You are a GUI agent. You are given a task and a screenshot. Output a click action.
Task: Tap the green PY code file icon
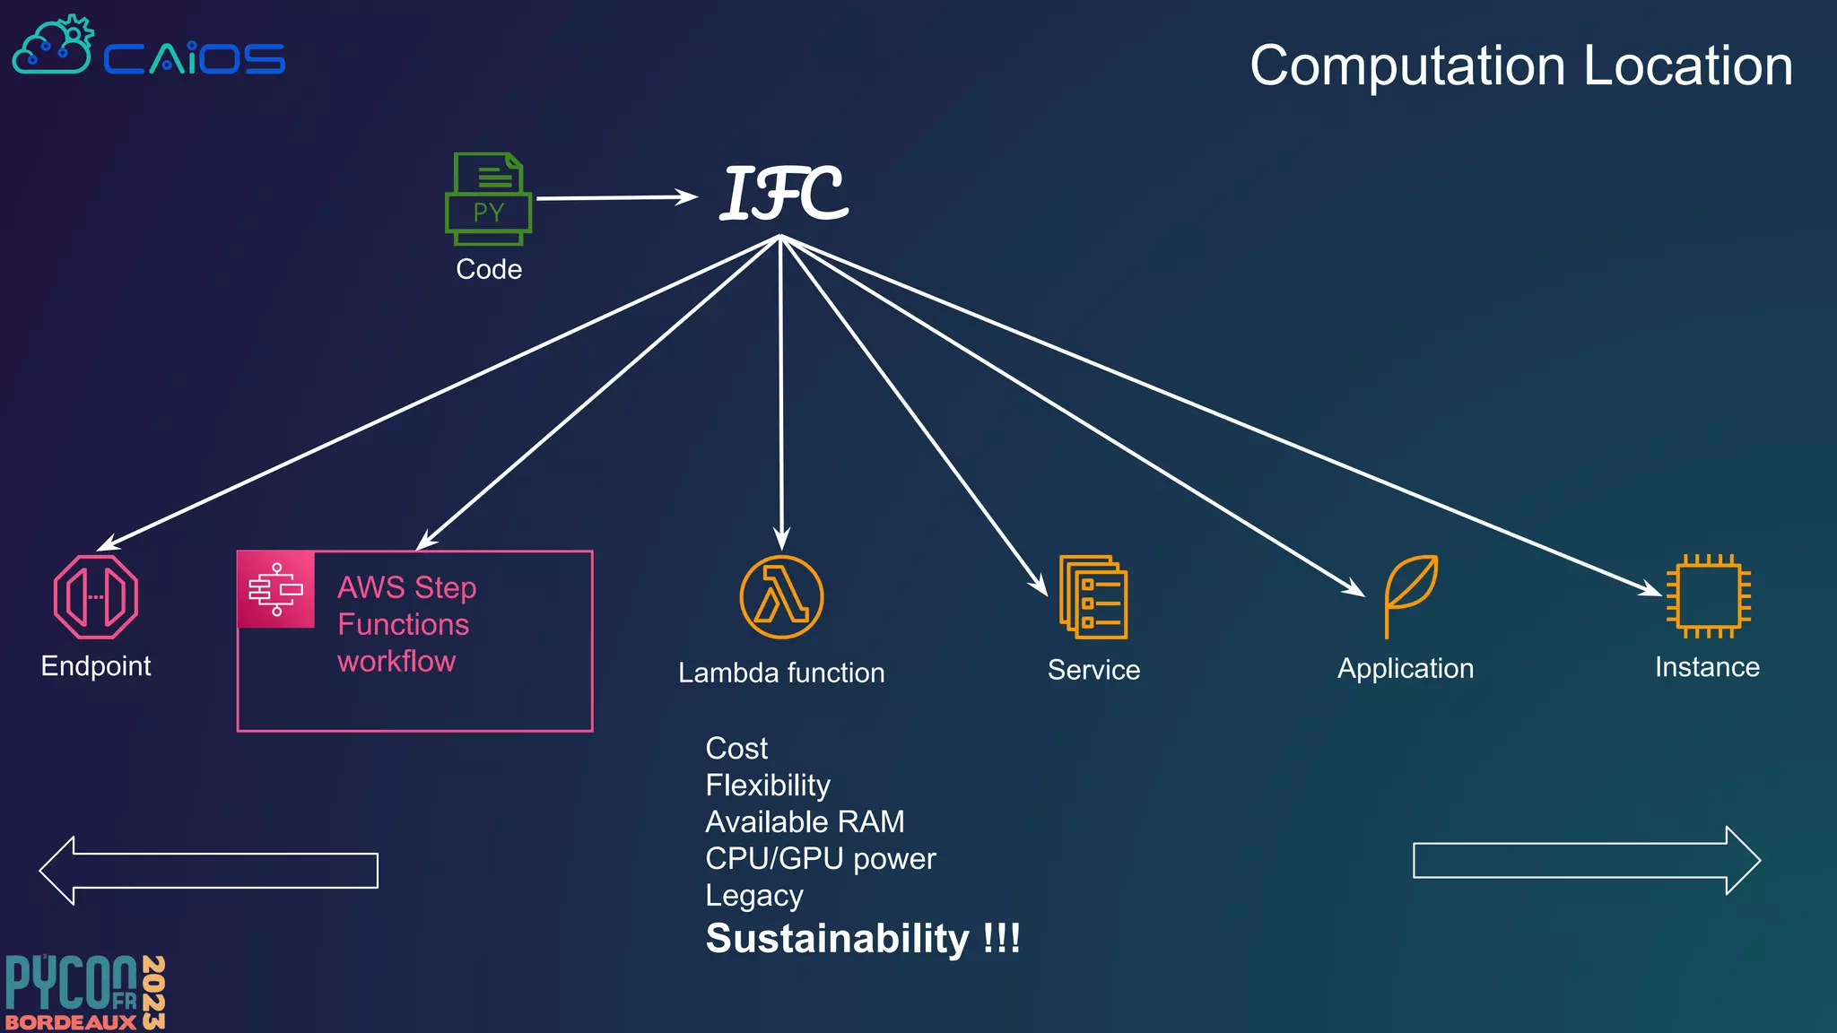click(x=488, y=198)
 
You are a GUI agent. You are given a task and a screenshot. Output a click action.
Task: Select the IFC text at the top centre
click(x=784, y=194)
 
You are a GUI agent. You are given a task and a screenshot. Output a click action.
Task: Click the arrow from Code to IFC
click(x=617, y=197)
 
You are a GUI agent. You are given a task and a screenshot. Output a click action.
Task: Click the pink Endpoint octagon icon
click(x=96, y=597)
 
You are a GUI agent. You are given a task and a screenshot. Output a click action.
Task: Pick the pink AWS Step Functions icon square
click(x=276, y=589)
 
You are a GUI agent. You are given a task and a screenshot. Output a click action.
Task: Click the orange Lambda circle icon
click(x=781, y=597)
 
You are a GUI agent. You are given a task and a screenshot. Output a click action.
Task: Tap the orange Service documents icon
click(x=1093, y=597)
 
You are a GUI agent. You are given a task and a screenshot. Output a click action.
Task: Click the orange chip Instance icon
click(x=1708, y=596)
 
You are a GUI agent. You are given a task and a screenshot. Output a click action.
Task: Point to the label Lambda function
click(x=781, y=673)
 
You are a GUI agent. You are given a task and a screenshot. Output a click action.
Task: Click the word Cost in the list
click(x=736, y=748)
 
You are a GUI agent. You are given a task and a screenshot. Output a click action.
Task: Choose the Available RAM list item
click(x=805, y=821)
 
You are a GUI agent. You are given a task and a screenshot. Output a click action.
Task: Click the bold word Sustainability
click(x=837, y=939)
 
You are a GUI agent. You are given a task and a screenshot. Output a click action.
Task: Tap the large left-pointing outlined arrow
click(x=209, y=870)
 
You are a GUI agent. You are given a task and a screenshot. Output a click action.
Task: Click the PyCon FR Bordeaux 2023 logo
click(x=85, y=993)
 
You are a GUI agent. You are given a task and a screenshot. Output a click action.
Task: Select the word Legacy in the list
click(x=754, y=895)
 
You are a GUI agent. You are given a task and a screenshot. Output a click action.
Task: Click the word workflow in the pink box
click(x=396, y=661)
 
